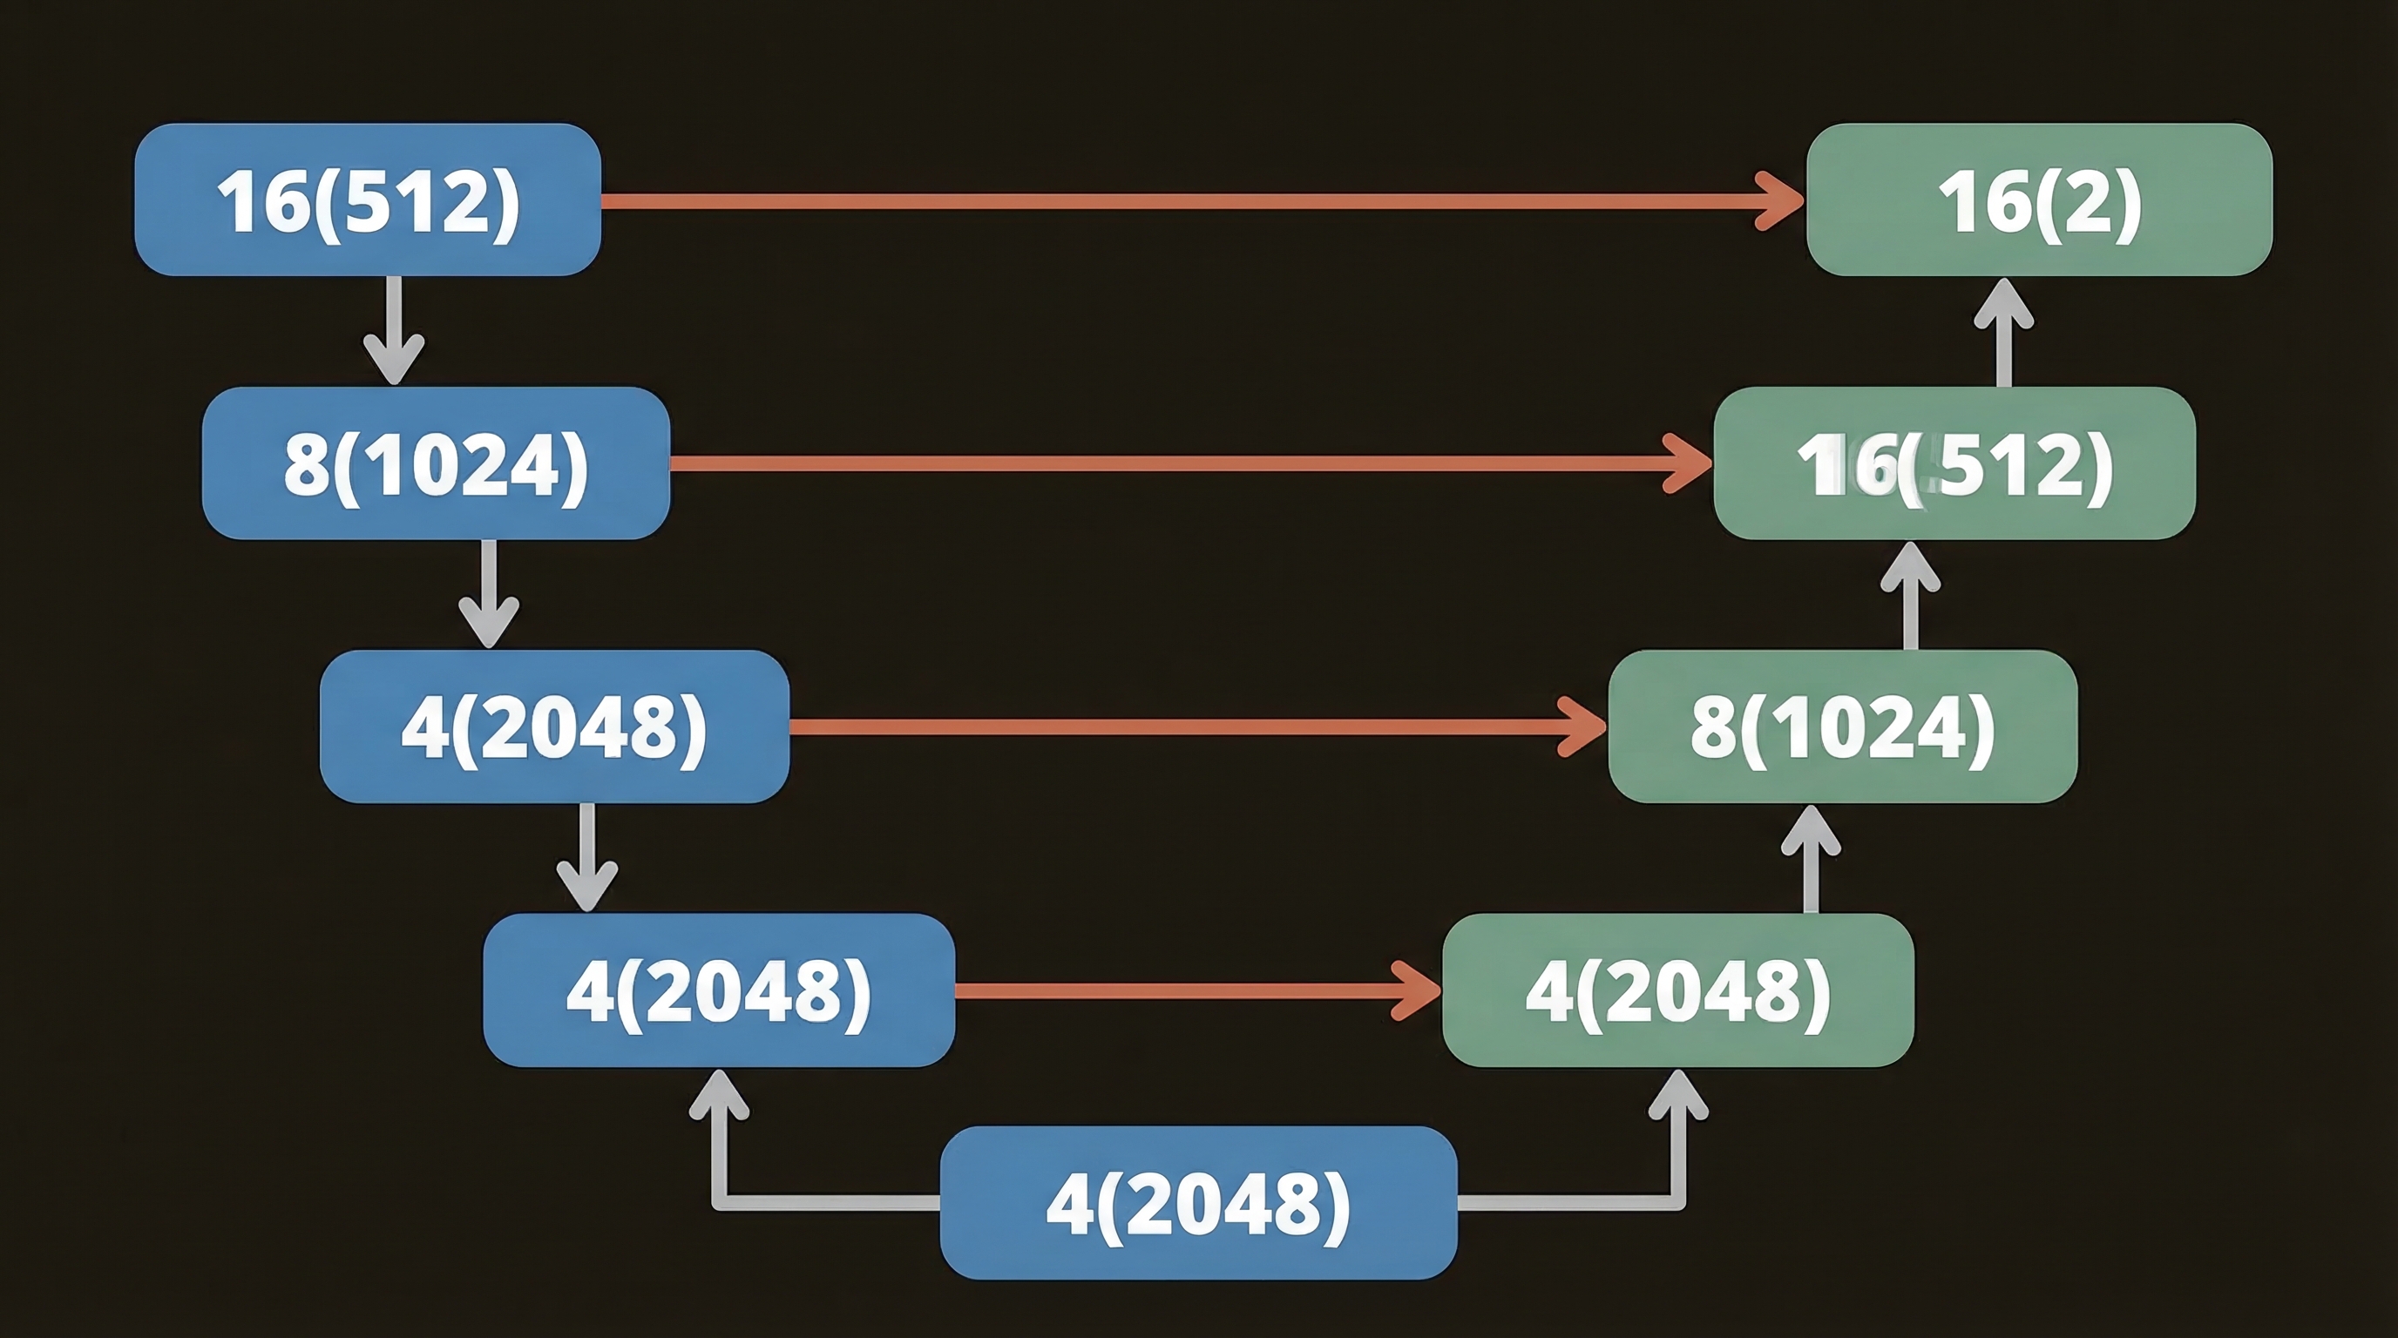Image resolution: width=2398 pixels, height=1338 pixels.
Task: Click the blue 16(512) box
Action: click(x=368, y=199)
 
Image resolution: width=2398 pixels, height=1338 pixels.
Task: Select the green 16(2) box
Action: click(x=2039, y=199)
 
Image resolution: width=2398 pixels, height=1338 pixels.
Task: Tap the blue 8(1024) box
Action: click(x=436, y=463)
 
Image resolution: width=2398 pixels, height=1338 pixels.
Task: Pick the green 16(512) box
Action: click(x=1954, y=463)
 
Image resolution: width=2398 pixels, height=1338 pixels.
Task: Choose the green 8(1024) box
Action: click(x=1842, y=726)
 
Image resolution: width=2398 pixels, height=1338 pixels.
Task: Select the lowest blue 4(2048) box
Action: click(x=1198, y=1202)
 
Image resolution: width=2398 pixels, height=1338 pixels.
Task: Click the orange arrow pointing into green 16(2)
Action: click(x=1201, y=200)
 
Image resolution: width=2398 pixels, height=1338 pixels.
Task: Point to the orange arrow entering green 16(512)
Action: click(x=1191, y=463)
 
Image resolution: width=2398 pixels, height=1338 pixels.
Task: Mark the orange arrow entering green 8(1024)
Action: click(x=1196, y=726)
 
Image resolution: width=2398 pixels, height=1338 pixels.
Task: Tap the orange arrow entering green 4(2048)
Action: click(x=1196, y=990)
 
